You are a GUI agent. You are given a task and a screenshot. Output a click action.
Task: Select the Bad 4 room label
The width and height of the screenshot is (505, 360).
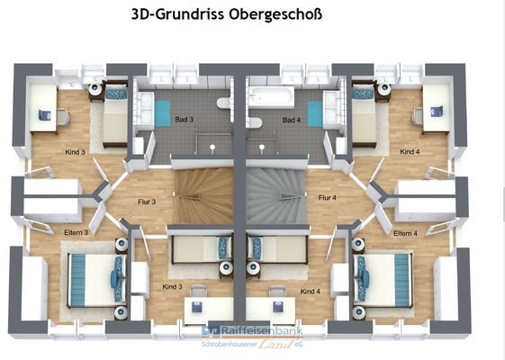coord(291,120)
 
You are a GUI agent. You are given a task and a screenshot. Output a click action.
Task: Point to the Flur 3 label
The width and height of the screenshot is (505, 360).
coord(146,202)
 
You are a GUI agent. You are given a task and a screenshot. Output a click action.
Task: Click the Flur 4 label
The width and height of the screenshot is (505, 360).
coord(327,198)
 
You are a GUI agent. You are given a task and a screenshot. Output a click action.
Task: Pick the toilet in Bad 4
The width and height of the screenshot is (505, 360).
coord(255,122)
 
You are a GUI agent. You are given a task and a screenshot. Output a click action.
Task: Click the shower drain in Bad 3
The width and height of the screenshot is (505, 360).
coord(210,144)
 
